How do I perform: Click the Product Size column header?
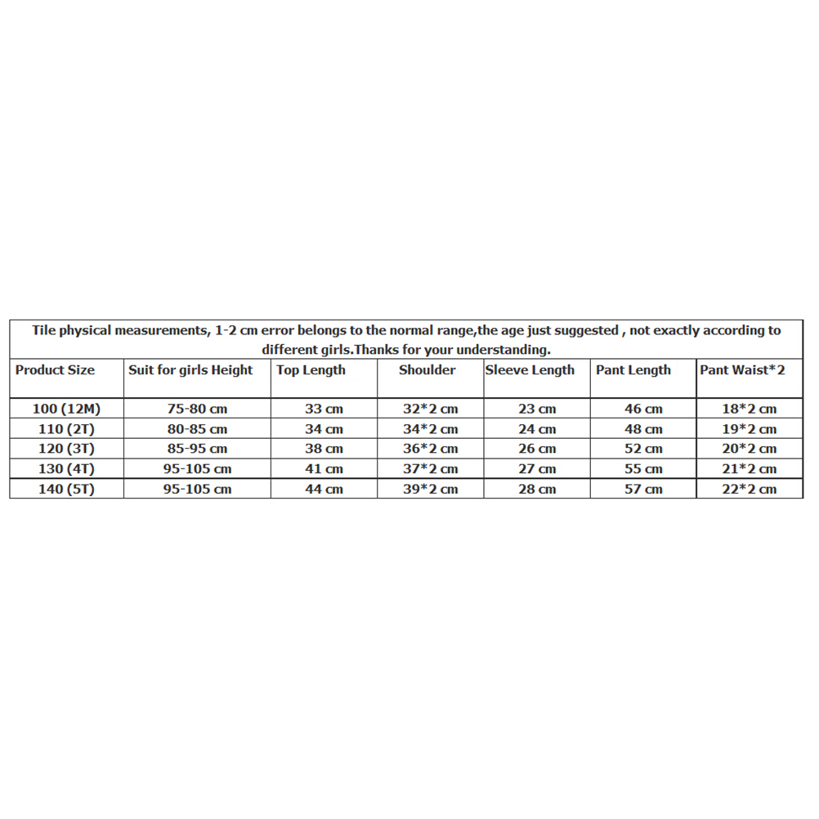point(55,370)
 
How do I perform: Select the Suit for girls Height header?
point(190,370)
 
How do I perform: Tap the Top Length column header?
point(311,370)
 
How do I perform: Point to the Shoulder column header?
point(427,370)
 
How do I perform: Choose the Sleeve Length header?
point(530,370)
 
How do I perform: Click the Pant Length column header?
point(633,370)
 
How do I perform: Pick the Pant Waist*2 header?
point(742,370)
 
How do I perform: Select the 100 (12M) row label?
point(66,409)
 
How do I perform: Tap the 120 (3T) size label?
point(66,449)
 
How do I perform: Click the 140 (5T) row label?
point(66,489)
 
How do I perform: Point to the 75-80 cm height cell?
point(197,409)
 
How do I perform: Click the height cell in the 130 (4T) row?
point(197,469)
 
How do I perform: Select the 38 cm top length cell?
point(324,449)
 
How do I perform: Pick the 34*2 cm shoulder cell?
point(430,429)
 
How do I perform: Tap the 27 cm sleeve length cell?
point(537,469)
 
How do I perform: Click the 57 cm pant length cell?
point(643,489)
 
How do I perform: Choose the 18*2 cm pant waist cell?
point(750,409)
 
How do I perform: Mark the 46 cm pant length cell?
point(643,409)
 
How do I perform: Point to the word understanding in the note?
point(501,350)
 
